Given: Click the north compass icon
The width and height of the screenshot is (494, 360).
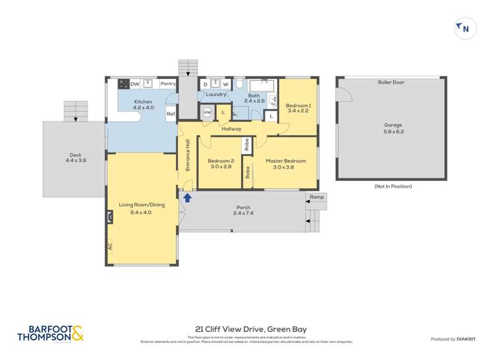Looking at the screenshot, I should pyautogui.click(x=465, y=28).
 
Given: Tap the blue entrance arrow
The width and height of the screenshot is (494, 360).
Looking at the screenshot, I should pyautogui.click(x=187, y=197).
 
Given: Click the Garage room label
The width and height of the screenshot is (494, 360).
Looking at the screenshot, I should pyautogui.click(x=393, y=128).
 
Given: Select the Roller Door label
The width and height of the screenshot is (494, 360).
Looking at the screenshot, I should pyautogui.click(x=391, y=83).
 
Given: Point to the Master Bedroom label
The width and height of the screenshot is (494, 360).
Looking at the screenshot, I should pyautogui.click(x=285, y=164).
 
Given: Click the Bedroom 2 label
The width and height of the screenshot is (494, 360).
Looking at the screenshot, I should pyautogui.click(x=221, y=164).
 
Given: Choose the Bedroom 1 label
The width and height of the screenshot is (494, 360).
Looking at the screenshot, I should pyautogui.click(x=298, y=109).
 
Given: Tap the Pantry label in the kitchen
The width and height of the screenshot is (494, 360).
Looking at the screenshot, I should pyautogui.click(x=167, y=84).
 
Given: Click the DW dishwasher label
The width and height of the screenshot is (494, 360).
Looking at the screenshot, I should pyautogui.click(x=134, y=84).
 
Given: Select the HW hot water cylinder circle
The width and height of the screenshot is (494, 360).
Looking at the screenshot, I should pyautogui.click(x=207, y=113).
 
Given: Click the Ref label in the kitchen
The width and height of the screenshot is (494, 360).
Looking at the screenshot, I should pyautogui.click(x=170, y=114).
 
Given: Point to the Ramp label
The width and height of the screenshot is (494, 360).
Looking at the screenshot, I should pyautogui.click(x=316, y=197).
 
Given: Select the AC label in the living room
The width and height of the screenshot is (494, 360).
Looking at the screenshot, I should pyautogui.click(x=110, y=246).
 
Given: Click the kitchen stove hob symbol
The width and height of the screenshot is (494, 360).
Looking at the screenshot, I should pyautogui.click(x=123, y=84).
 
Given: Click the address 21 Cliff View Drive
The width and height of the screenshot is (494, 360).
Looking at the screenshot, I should pyautogui.click(x=251, y=329).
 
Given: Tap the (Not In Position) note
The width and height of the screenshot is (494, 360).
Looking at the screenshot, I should pyautogui.click(x=393, y=186).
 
